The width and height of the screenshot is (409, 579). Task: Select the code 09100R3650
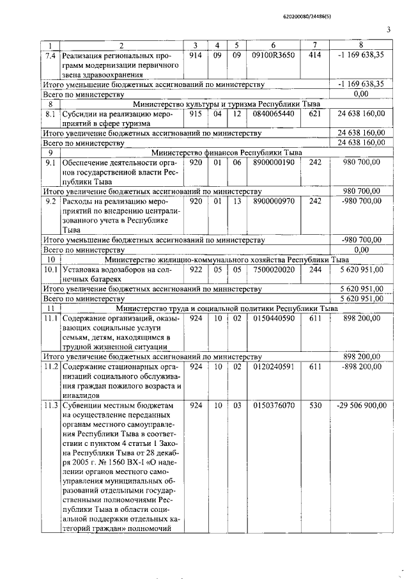273,55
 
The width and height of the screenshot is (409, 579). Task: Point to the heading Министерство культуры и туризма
226,104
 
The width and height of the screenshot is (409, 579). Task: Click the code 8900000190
273,163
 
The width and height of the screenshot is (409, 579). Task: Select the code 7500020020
273,269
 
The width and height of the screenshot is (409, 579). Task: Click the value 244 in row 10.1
314,269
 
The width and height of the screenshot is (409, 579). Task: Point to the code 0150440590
273,318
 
